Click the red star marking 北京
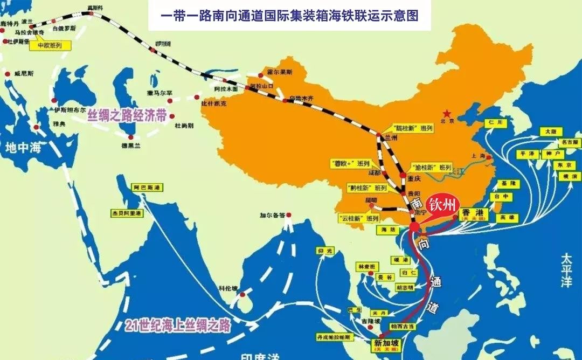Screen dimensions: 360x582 click(446, 114)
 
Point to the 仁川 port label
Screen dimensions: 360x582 click(496, 123)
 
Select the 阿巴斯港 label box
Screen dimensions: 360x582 click(147, 188)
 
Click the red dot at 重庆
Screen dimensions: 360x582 click(403, 175)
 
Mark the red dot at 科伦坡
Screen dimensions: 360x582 click(242, 294)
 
